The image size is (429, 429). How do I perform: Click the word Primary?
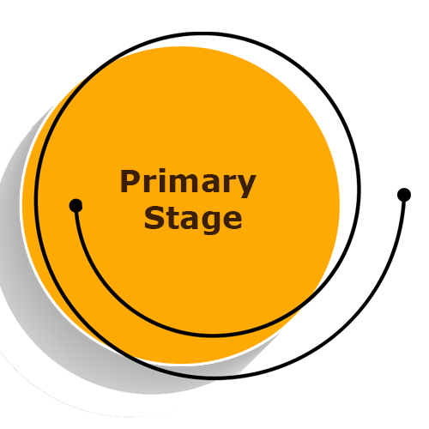188,183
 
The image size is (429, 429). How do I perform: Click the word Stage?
193,219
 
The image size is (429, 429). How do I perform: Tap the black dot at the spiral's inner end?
76,206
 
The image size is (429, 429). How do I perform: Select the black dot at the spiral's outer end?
404,195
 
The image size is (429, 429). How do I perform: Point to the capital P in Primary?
130,181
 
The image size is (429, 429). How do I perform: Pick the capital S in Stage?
154,218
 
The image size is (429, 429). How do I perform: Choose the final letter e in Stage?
232,221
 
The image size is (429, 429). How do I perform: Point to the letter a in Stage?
188,221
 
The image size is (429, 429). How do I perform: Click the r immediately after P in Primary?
149,184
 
